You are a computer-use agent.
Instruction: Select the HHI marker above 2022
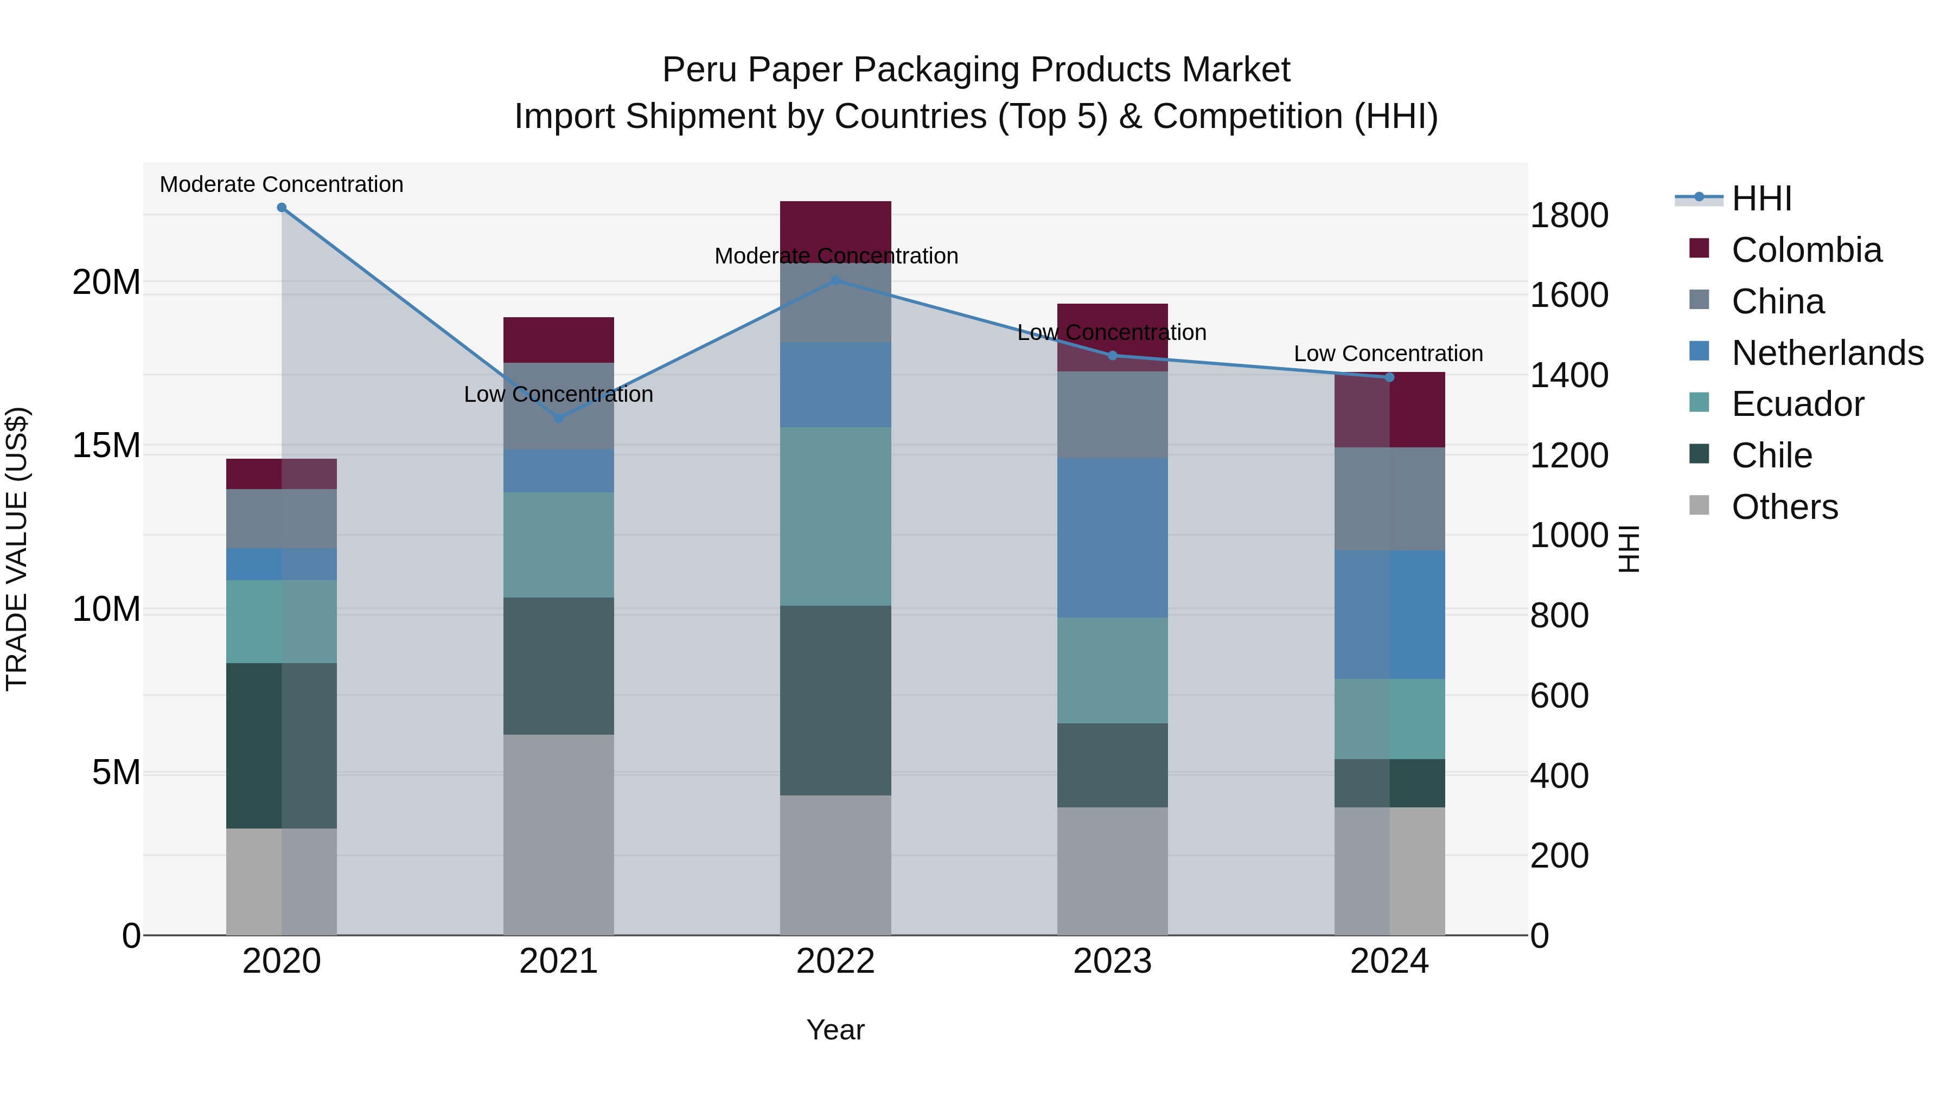tap(835, 280)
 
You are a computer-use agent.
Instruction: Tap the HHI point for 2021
tap(559, 418)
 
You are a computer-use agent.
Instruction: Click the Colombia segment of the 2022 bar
tap(835, 227)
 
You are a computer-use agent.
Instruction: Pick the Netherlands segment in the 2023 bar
tap(1112, 538)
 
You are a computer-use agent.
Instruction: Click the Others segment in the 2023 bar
tap(1112, 871)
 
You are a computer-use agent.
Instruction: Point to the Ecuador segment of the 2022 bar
tap(835, 517)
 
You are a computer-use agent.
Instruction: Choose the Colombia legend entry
tap(1806, 250)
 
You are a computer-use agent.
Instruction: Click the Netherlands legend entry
tap(1827, 353)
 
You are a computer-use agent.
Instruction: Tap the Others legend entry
tap(1785, 507)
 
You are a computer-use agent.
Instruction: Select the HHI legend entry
tap(1761, 198)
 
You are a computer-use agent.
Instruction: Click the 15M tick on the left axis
tap(106, 446)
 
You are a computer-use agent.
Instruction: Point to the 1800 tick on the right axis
tap(1568, 215)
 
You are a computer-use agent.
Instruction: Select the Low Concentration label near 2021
tap(559, 394)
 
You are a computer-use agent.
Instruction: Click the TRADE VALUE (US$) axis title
tap(17, 549)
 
